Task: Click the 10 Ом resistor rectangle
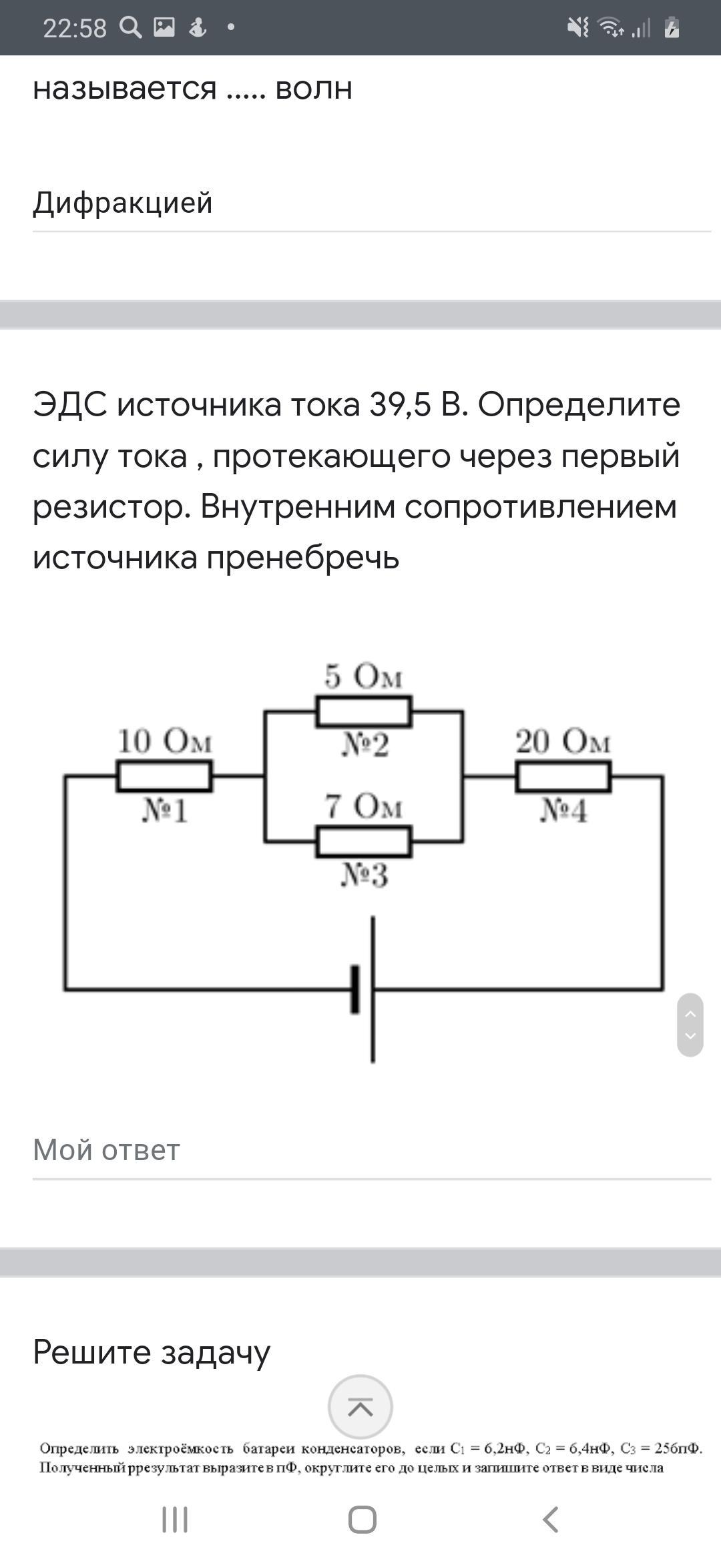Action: coord(164,776)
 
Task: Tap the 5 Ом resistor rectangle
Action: coord(364,711)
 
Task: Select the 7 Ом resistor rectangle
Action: coord(364,841)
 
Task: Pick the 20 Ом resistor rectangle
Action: coord(563,776)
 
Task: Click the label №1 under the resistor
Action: coord(164,811)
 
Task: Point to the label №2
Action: coord(365,746)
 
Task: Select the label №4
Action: coord(563,811)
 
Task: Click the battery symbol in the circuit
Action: coord(365,989)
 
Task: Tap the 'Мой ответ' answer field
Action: coord(371,1150)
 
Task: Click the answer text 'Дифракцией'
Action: coord(123,203)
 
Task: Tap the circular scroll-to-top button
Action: coord(360,1407)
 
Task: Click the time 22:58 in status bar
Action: coord(74,28)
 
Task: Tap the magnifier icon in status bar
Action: coord(130,27)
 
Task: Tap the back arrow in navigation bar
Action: coord(550,1520)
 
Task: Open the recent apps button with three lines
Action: coord(175,1520)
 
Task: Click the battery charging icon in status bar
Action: coord(672,28)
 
